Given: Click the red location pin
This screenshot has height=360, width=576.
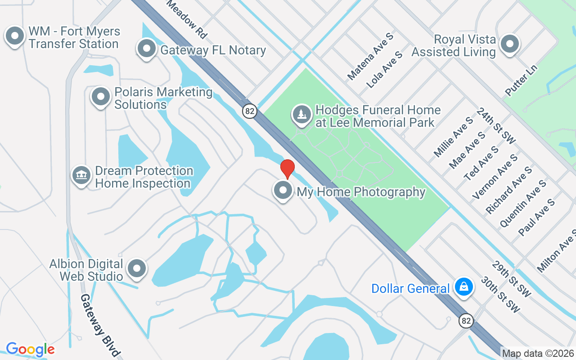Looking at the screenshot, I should click(x=287, y=169).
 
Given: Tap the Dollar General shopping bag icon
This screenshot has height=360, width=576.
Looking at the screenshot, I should click(x=463, y=287).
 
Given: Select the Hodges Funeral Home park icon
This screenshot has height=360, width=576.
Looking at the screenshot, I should click(x=301, y=114).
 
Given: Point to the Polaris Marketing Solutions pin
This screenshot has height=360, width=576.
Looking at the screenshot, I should click(x=101, y=96).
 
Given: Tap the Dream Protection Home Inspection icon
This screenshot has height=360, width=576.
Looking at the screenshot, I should click(x=81, y=175).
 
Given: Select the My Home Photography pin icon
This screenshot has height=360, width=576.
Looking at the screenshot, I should click(x=283, y=190).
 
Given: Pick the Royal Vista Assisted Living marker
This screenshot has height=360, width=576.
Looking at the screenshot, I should click(x=510, y=44).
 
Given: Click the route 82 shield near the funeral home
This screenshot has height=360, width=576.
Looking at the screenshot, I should click(x=249, y=111).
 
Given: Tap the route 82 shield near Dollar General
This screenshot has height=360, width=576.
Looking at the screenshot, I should click(x=467, y=320).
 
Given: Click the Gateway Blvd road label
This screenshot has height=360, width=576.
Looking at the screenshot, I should click(x=100, y=325).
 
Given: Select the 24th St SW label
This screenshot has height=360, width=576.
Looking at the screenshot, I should click(x=496, y=126).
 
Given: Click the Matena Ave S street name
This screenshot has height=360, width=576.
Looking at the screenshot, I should click(x=370, y=56).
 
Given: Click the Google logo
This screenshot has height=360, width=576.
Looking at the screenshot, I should click(x=30, y=349).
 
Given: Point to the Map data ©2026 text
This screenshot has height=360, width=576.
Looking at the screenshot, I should click(x=538, y=353).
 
